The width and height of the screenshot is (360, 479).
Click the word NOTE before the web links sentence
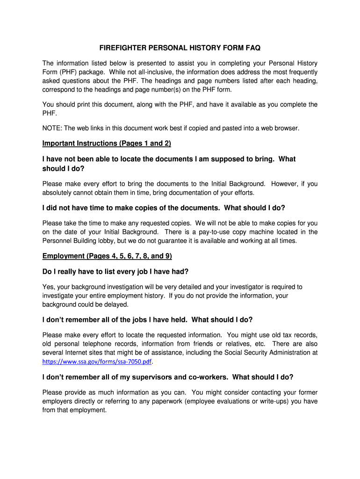51,128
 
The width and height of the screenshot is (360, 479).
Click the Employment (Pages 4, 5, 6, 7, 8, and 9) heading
107,256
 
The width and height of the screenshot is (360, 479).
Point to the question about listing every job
115,271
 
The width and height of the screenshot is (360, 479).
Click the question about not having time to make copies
164,208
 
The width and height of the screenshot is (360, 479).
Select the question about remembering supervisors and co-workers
168,377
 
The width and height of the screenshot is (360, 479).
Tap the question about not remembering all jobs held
147,320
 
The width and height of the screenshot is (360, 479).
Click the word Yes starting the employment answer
48,287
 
